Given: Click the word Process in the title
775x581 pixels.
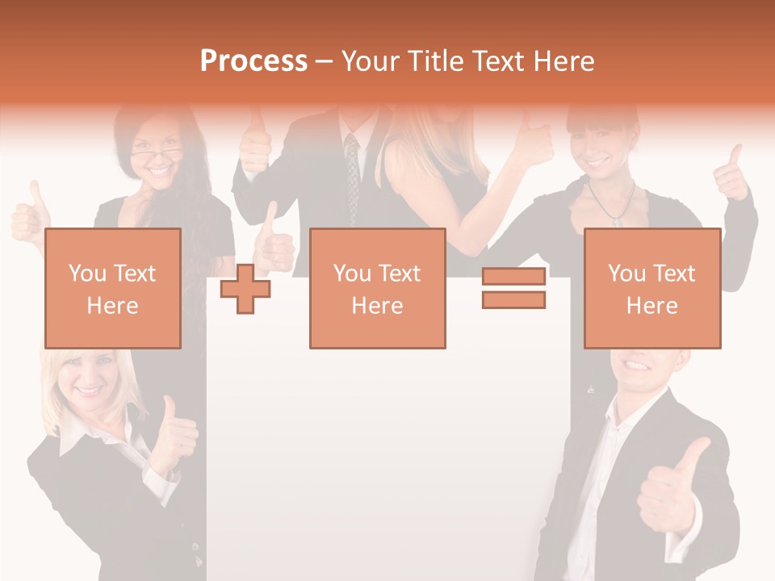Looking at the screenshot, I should pyautogui.click(x=253, y=61).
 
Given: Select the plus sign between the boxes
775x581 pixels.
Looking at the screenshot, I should pyautogui.click(x=245, y=289).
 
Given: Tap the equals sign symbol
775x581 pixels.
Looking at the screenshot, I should pyautogui.click(x=513, y=288).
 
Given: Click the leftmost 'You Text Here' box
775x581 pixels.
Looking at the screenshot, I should pyautogui.click(x=112, y=288).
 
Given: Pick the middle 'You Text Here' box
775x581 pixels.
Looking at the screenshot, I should pyautogui.click(x=377, y=288).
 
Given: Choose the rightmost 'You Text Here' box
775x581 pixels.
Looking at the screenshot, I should pyautogui.click(x=651, y=288).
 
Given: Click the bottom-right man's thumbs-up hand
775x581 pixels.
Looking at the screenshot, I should pyautogui.click(x=670, y=488).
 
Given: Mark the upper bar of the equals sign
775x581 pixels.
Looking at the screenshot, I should pyautogui.click(x=513, y=277).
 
